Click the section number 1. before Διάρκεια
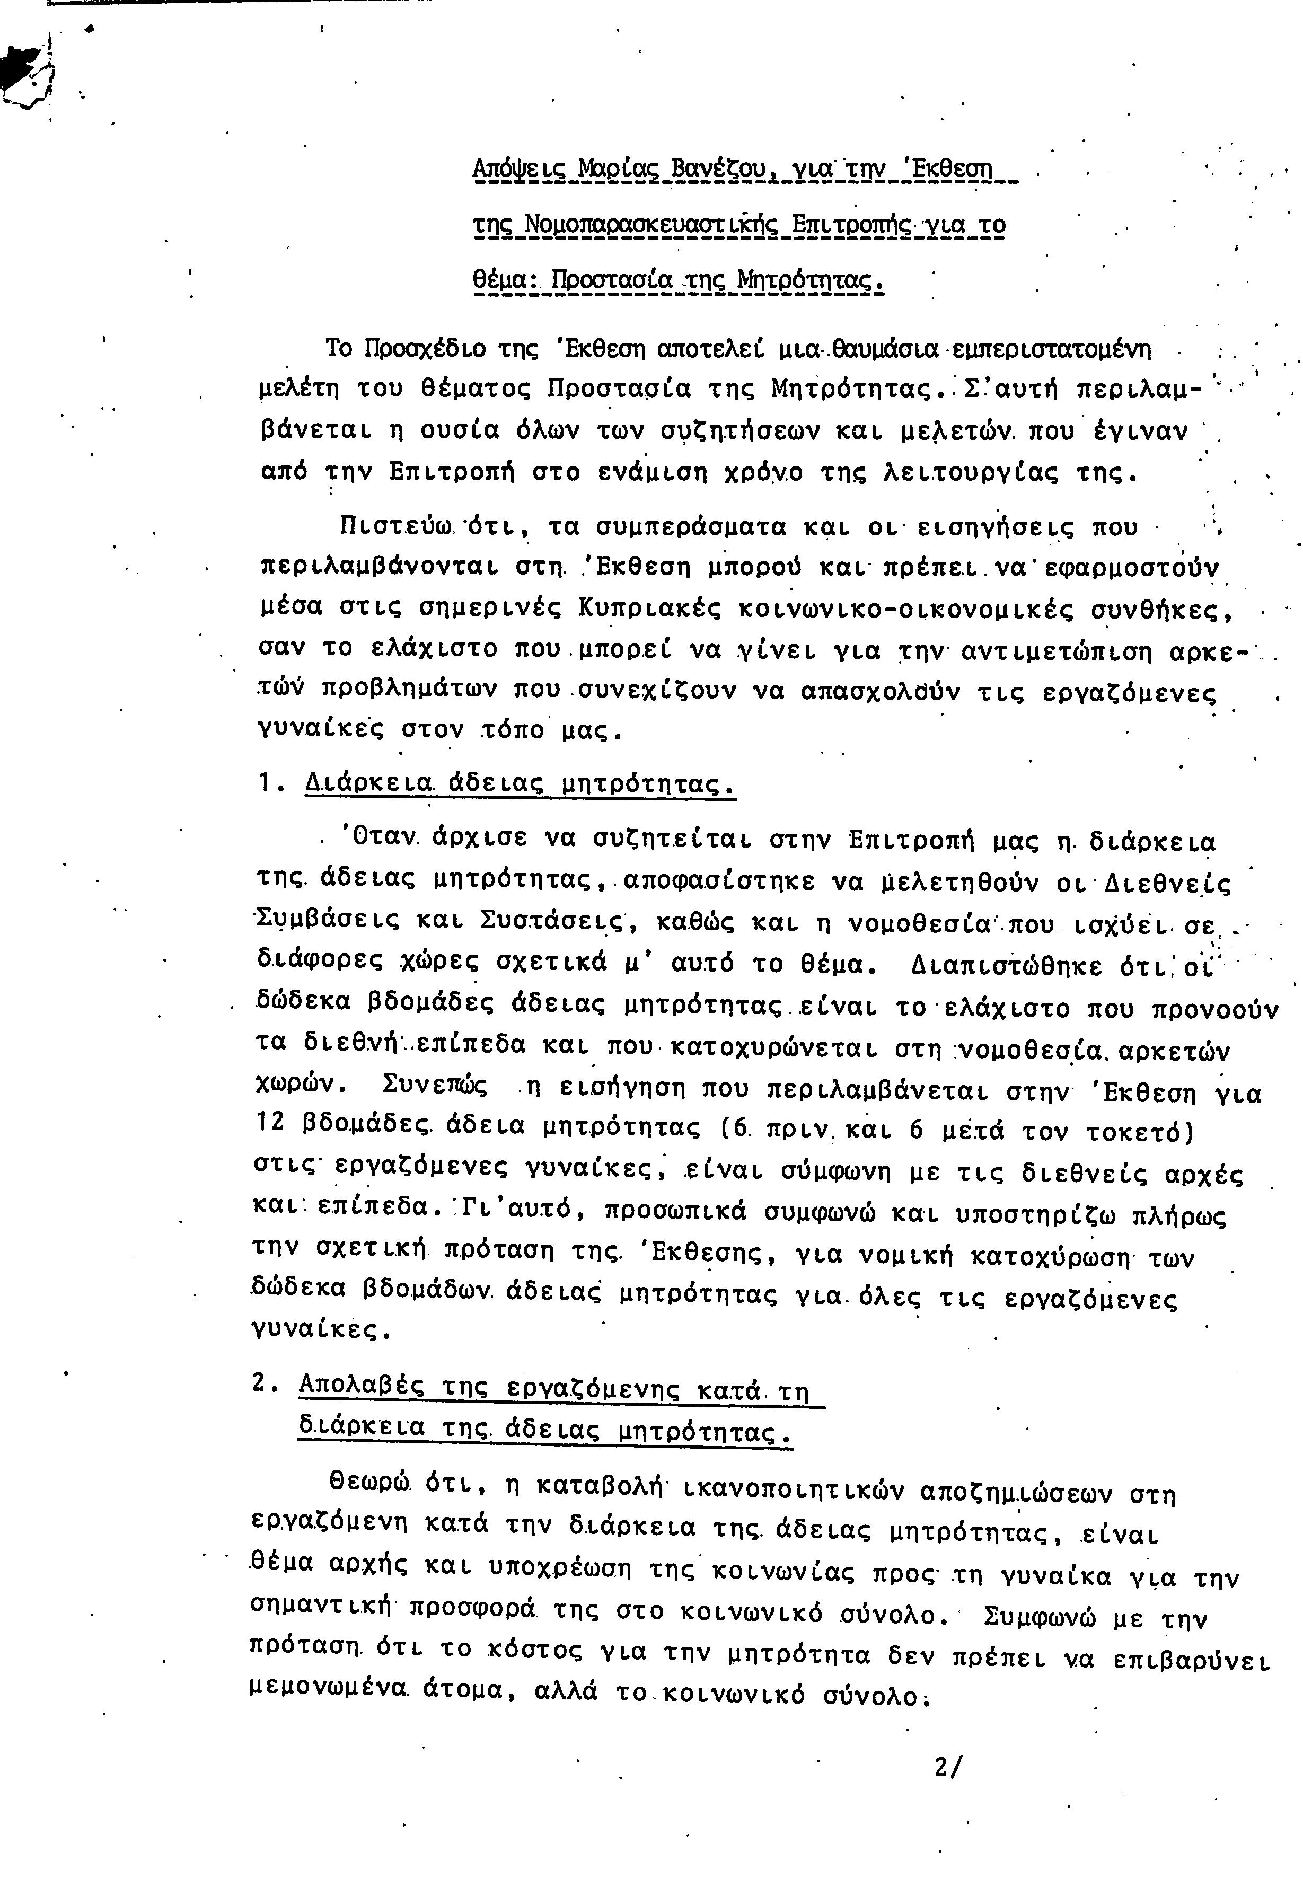coord(270,783)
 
